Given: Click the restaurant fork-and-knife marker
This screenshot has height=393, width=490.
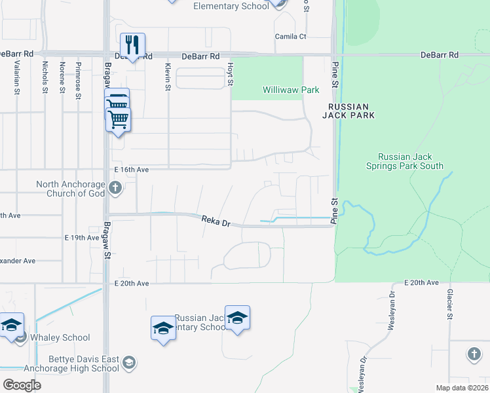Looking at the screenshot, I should [x=133, y=45].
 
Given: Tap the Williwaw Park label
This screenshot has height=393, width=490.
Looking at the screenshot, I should [x=291, y=90].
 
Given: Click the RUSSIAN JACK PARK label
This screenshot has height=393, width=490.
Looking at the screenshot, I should [x=349, y=111].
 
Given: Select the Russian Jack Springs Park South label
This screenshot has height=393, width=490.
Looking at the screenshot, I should [x=411, y=162].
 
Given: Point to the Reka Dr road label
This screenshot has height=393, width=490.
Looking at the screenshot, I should [x=216, y=223].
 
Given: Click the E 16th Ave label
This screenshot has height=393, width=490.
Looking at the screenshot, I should [x=132, y=170].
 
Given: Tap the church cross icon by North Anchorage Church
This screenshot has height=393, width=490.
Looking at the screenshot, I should [x=115, y=189].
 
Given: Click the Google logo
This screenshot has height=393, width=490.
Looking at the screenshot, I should [x=22, y=385].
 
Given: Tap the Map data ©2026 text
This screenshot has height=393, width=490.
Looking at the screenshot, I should [x=462, y=388].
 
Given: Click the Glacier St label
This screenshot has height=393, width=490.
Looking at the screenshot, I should [x=450, y=305].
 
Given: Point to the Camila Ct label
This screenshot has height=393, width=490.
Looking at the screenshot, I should [x=290, y=37].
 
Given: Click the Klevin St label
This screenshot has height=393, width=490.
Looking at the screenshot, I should [x=168, y=77].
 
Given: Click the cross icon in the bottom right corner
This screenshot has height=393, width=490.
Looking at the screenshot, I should [x=474, y=354].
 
